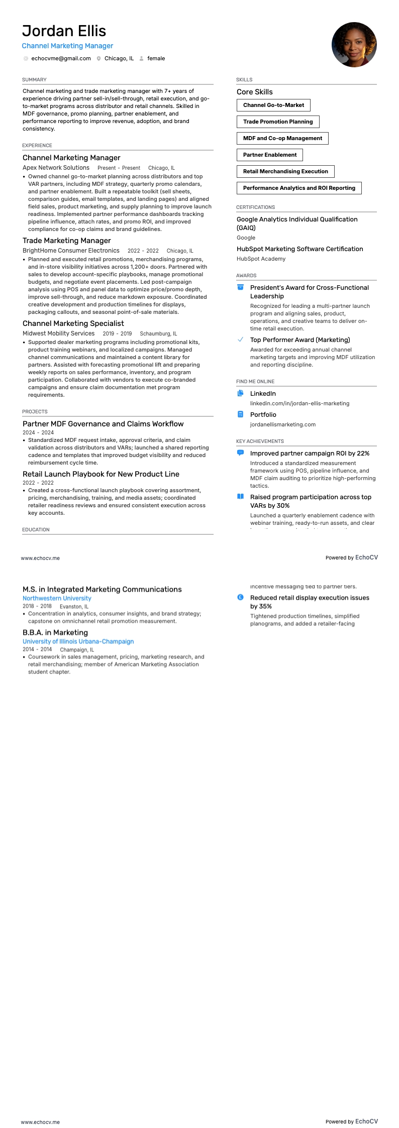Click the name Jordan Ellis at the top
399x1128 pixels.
pyautogui.click(x=64, y=31)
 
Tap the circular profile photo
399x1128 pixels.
pyautogui.click(x=354, y=45)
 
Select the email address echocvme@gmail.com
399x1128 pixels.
pyautogui.click(x=61, y=59)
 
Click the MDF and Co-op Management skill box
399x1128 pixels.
pyautogui.click(x=282, y=139)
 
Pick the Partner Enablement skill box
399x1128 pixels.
pyautogui.click(x=270, y=155)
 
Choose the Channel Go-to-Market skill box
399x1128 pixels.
pyautogui.click(x=273, y=105)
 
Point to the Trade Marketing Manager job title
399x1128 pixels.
pyautogui.click(x=66, y=241)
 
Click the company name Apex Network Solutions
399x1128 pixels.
pyautogui.click(x=56, y=168)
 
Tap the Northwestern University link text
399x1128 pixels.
pyautogui.click(x=57, y=599)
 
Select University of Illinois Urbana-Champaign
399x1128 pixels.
pyautogui.click(x=78, y=642)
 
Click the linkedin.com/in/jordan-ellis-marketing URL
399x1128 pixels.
pyautogui.click(x=300, y=404)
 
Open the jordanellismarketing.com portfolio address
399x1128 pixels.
pyautogui.click(x=283, y=425)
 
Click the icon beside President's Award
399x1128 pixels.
pyautogui.click(x=240, y=287)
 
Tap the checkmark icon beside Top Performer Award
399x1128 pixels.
pyautogui.click(x=240, y=340)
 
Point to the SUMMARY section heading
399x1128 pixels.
pyautogui.click(x=34, y=80)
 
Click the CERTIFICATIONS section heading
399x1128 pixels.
pyautogui.click(x=255, y=207)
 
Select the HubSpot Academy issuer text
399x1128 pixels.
pyautogui.click(x=261, y=259)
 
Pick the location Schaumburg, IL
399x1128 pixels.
pyautogui.click(x=158, y=334)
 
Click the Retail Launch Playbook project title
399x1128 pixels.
pyautogui.click(x=101, y=474)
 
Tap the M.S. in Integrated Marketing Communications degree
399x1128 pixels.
pyautogui.click(x=102, y=590)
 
